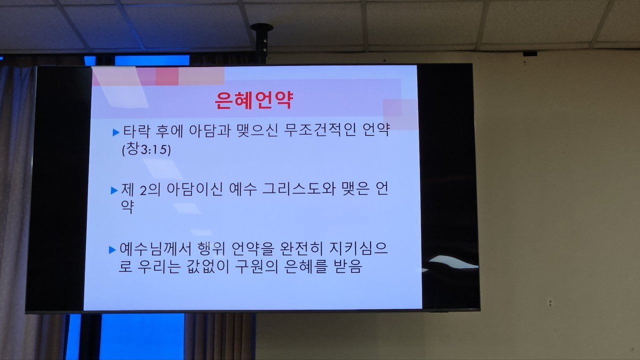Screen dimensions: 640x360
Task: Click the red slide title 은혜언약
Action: coord(253,100)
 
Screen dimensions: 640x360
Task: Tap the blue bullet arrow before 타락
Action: coord(116,132)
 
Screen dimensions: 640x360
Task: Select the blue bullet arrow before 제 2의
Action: coord(114,190)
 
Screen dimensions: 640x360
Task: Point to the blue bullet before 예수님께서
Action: coord(112,250)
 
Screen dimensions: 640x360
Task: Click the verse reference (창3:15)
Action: coord(146,149)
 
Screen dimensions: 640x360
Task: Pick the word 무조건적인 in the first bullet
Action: coord(320,130)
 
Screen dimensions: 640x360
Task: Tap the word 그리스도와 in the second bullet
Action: coord(298,189)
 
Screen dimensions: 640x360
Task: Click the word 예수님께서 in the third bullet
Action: coord(155,249)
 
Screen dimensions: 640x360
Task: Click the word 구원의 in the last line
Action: coord(256,266)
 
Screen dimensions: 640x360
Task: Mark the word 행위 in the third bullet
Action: coord(211,249)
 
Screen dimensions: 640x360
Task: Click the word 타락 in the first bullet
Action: coord(136,131)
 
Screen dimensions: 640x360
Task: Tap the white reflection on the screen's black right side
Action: coord(453,262)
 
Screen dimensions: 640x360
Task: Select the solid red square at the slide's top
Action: coord(167,76)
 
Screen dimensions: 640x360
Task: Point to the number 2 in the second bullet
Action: coord(143,190)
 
